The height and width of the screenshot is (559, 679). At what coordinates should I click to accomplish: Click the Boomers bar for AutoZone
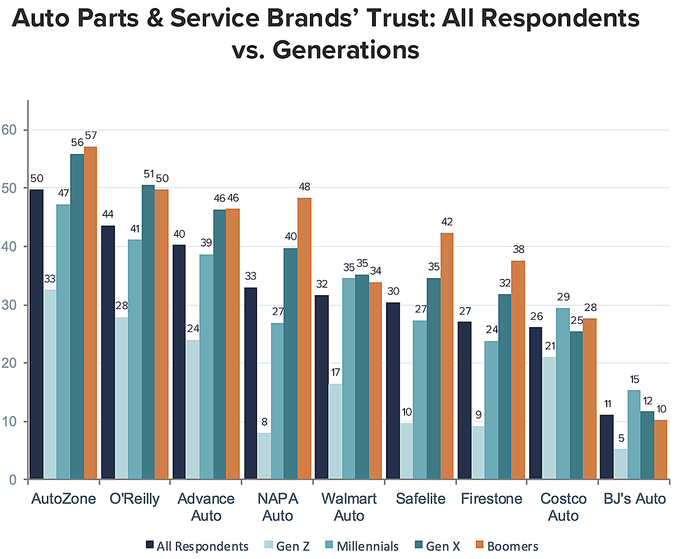point(90,313)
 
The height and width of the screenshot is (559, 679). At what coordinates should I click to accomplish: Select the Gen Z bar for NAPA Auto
point(264,456)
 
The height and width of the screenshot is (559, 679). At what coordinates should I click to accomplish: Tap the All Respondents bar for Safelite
point(393,391)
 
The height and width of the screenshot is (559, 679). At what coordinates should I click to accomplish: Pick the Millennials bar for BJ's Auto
point(634,435)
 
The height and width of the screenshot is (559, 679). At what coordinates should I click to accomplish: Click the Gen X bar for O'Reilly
point(148,332)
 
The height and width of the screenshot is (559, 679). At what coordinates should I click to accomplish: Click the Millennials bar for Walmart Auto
point(349,379)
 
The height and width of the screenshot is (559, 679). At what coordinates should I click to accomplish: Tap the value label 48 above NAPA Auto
point(305,187)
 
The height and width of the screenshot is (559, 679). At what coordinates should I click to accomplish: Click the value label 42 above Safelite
point(447,222)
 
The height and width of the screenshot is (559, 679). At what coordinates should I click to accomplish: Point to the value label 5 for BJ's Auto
point(621,439)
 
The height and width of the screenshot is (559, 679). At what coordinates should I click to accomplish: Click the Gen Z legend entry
point(287,546)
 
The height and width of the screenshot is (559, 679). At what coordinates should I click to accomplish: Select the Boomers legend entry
point(507,546)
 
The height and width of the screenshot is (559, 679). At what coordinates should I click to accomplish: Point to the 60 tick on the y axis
point(9,130)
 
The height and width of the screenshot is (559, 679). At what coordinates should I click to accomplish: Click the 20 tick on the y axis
point(9,363)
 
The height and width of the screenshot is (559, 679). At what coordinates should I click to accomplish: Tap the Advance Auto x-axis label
point(206,507)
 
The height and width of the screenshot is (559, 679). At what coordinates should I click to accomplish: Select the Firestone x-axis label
point(491,499)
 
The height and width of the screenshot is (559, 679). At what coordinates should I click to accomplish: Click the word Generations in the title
point(345,50)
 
